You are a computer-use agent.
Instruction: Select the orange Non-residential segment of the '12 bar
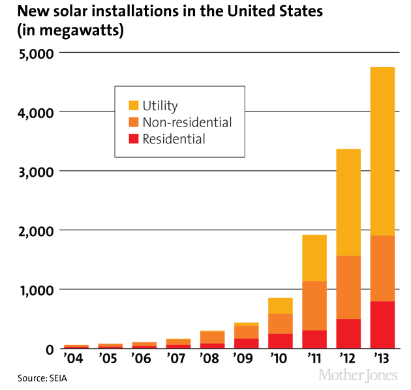[x=348, y=287]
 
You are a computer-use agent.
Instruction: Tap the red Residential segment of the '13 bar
[x=382, y=325]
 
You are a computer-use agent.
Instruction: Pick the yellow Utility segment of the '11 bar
[x=314, y=258]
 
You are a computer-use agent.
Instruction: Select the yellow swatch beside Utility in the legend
[x=133, y=105]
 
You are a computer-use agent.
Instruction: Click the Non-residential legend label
[x=187, y=122]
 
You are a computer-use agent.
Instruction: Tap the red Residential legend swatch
[x=133, y=138]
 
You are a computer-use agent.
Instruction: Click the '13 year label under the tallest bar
[x=382, y=360]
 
